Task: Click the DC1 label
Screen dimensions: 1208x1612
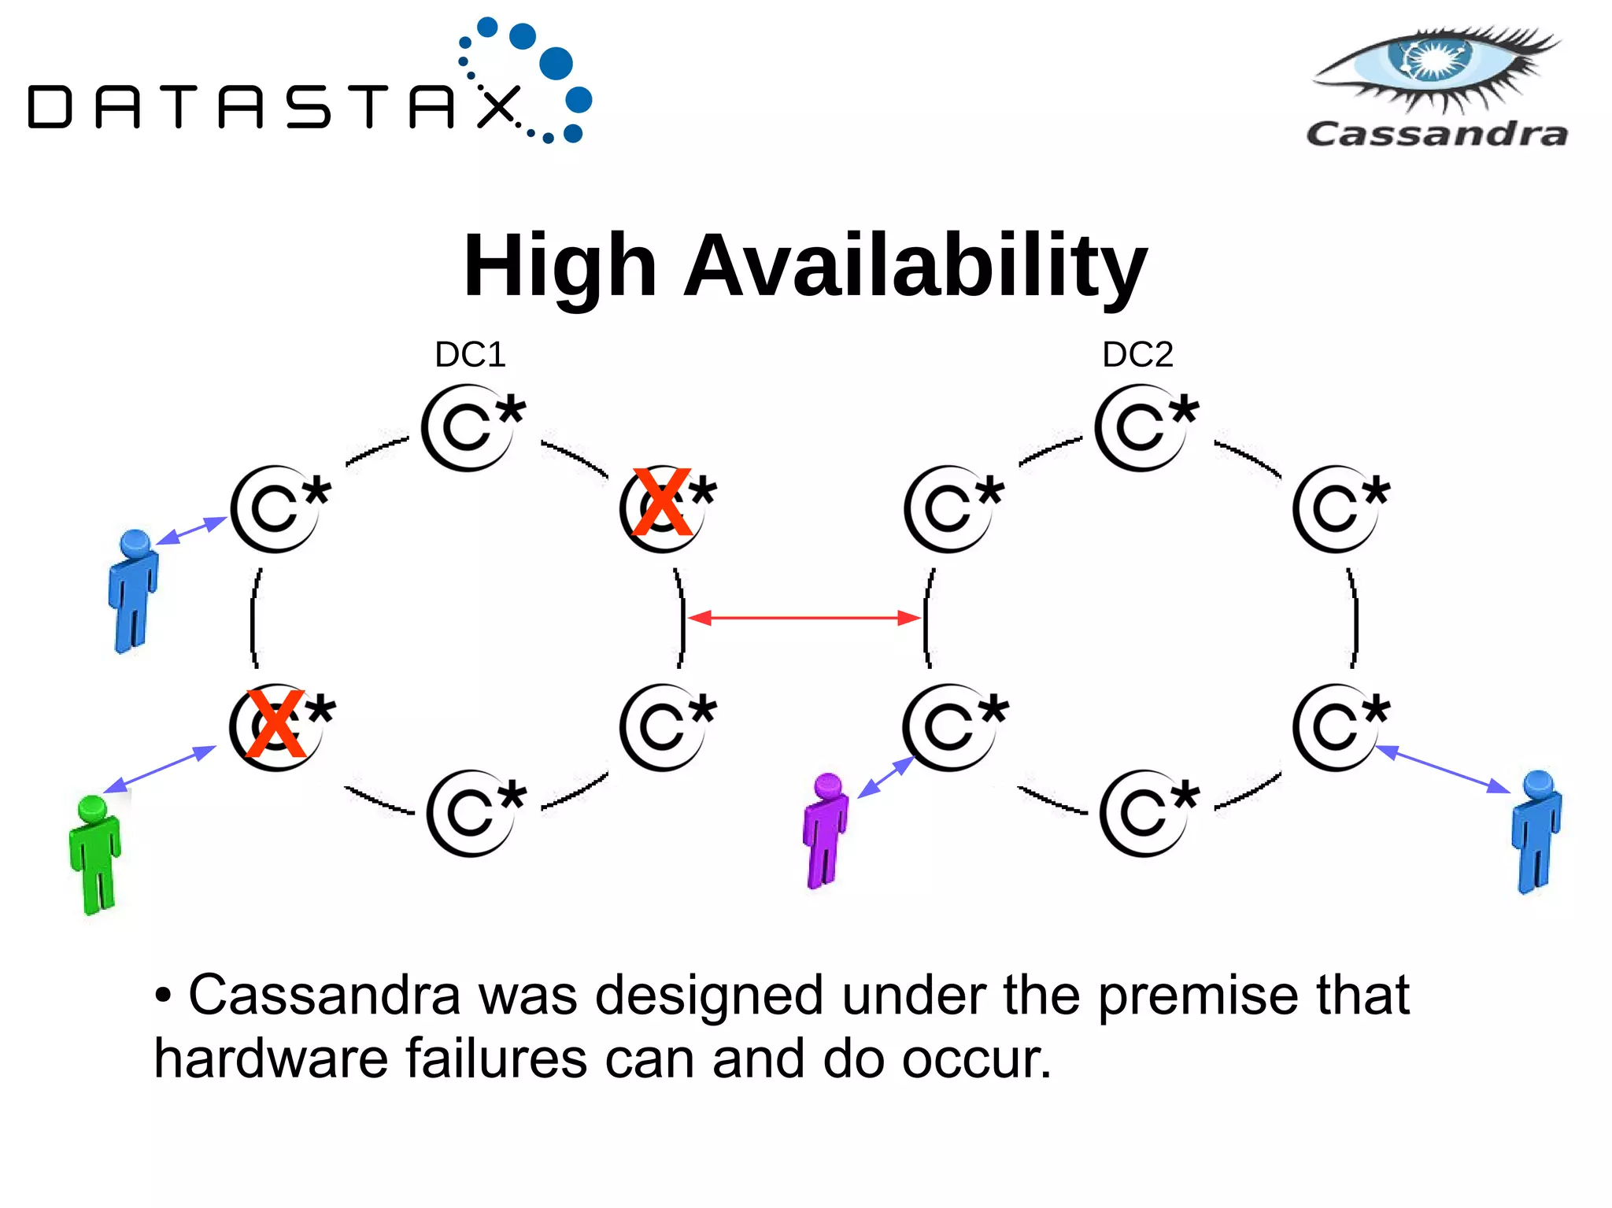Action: click(470, 355)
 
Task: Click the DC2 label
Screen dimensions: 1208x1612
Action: click(1137, 355)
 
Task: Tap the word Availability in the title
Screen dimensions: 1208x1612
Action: click(915, 266)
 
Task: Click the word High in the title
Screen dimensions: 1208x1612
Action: click(560, 266)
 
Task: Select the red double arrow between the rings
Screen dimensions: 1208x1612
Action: click(804, 618)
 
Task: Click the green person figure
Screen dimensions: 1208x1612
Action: click(95, 855)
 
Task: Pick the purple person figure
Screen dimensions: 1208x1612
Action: click(825, 831)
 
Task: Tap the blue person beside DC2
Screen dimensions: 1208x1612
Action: click(1536, 832)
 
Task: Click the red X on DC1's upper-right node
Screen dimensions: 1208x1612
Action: click(662, 502)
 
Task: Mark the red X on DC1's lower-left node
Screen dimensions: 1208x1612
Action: click(275, 724)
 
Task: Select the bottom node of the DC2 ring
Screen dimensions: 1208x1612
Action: click(1147, 812)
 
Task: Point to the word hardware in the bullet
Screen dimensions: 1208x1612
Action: click(270, 1058)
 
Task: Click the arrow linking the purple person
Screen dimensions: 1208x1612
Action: click(885, 777)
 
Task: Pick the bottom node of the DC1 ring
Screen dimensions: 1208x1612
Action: click(475, 812)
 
